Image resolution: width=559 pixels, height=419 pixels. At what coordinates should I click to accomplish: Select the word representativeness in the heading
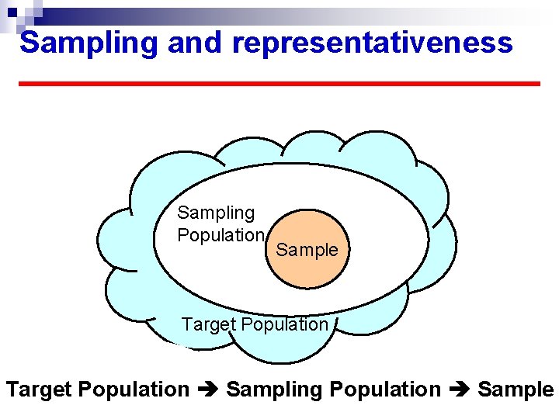coord(373,43)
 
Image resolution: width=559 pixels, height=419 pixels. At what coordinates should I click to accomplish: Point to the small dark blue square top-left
coord(12,12)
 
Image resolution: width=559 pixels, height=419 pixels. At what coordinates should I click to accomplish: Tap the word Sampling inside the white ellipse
coord(216,213)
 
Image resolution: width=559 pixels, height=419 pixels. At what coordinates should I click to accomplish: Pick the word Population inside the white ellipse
coord(221,235)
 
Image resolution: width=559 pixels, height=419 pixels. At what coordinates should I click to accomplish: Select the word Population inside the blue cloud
coord(283,324)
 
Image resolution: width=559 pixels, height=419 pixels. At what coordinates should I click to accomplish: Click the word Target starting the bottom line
coord(40,390)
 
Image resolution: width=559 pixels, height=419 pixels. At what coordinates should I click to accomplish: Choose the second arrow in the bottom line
coord(459,390)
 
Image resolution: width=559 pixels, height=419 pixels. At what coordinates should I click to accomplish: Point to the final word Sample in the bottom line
coord(516,390)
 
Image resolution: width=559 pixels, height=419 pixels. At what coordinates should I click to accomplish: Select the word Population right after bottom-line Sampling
coord(385,390)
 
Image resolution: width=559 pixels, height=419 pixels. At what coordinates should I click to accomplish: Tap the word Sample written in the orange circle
coord(307,250)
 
